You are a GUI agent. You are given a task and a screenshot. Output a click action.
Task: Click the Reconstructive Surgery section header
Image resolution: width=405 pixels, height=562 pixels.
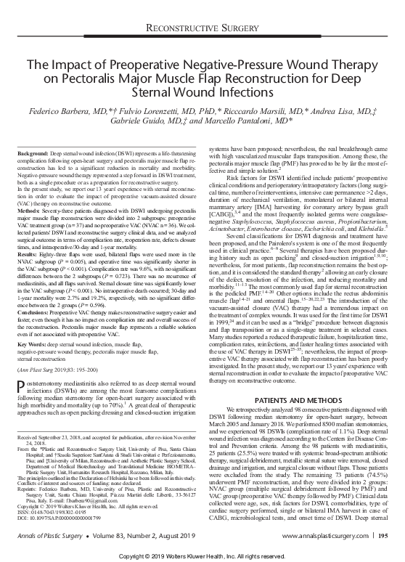pyautogui.click(x=202, y=27)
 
